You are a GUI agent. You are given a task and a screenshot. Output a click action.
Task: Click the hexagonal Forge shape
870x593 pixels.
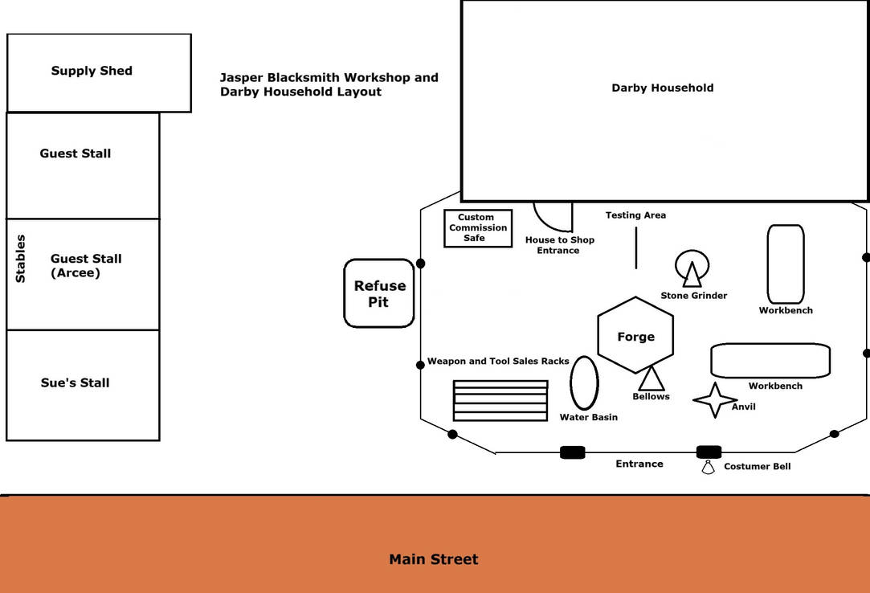tap(635, 335)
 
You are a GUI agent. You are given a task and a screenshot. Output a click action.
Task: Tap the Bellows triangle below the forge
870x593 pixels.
tap(651, 378)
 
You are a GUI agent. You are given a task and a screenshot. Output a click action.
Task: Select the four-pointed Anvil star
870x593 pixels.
tap(714, 399)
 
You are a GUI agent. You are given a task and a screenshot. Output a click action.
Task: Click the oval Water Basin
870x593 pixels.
tap(584, 383)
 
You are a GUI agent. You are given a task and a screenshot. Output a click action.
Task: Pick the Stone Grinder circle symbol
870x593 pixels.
tap(692, 268)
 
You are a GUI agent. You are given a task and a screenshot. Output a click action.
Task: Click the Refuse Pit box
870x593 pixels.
tap(379, 293)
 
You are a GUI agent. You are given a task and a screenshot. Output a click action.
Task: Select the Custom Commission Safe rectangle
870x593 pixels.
tap(478, 228)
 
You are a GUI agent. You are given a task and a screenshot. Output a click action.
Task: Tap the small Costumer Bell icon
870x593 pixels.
tap(708, 468)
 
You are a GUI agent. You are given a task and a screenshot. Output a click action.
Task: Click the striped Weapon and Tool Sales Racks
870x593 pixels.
tap(500, 400)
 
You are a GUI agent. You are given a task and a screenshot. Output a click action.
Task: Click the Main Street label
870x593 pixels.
tap(434, 559)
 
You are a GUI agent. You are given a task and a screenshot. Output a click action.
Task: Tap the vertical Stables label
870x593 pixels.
tap(21, 259)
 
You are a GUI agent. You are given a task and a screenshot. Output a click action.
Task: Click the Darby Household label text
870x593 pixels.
tap(663, 88)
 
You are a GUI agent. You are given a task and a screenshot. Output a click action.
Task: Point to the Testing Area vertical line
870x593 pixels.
tap(636, 247)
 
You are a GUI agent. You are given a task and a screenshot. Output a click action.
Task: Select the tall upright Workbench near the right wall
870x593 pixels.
tap(785, 264)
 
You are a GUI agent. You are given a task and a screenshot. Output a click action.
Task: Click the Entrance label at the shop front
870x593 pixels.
tap(639, 464)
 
